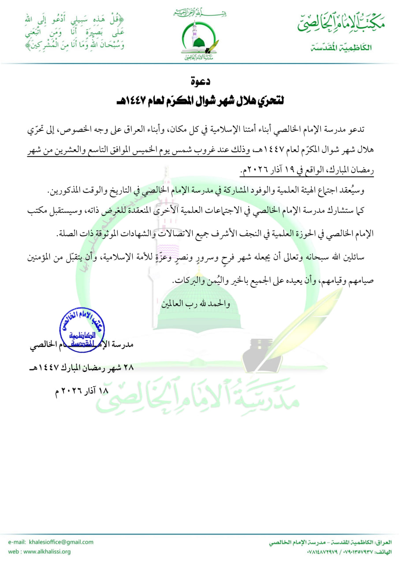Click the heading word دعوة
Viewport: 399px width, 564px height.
[x=199, y=81]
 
